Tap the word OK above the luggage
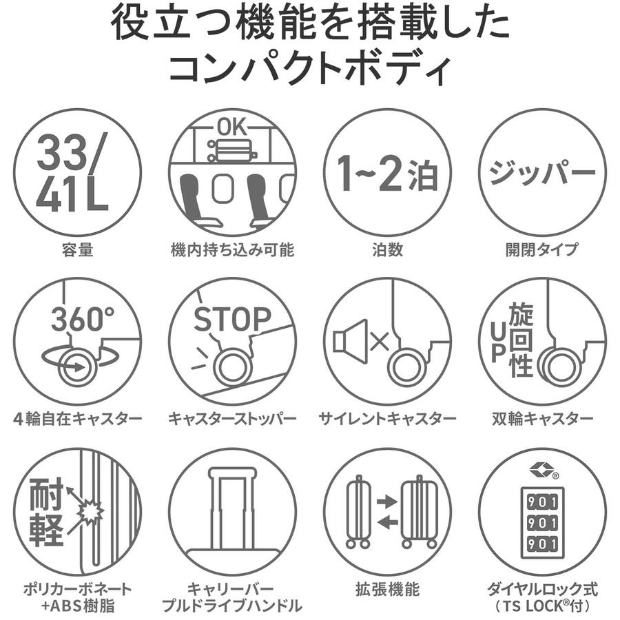point(232,127)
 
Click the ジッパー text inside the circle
point(542,173)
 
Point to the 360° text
point(83,319)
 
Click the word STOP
point(232,319)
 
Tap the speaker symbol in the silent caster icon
point(350,342)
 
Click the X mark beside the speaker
point(380,342)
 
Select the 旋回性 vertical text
point(521,340)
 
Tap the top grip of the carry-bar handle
point(232,473)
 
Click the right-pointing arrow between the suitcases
point(387,502)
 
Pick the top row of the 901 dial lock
point(542,503)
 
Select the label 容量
point(77,250)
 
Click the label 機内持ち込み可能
point(233,250)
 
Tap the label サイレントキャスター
point(387,418)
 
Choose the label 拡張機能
point(387,589)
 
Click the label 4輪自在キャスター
point(77,418)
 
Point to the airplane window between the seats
point(220,189)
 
